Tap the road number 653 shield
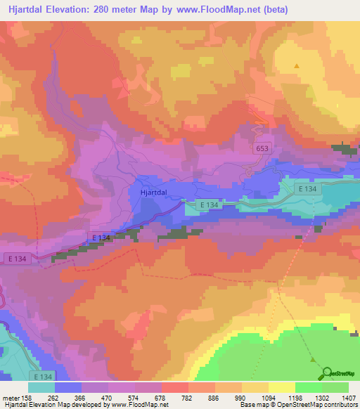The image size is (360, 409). tap(262, 149)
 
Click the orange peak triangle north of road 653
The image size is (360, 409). tap(297, 66)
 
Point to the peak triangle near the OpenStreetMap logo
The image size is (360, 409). tap(314, 360)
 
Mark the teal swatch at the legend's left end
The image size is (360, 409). tap(41, 387)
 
